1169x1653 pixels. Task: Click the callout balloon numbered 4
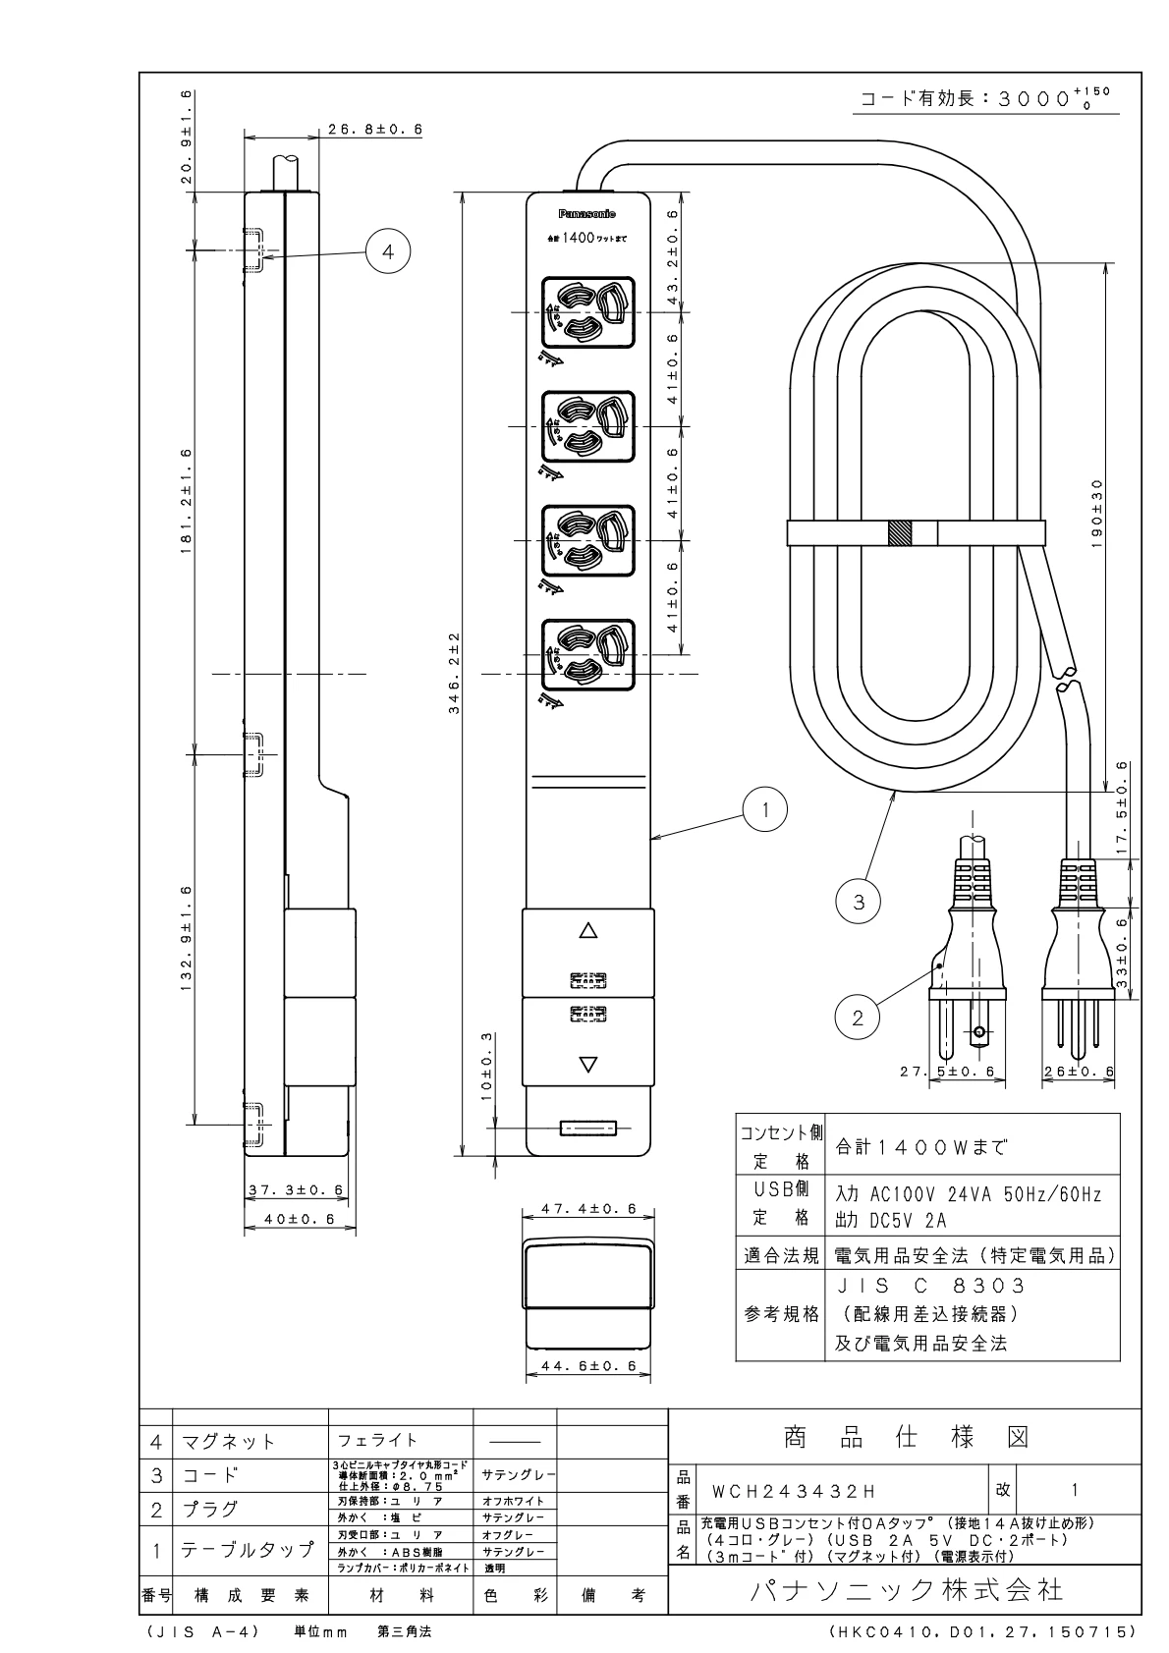click(x=388, y=251)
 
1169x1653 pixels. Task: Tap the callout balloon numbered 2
click(x=858, y=1019)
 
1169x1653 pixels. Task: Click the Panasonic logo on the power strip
click(x=587, y=214)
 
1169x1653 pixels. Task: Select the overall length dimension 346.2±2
click(x=455, y=674)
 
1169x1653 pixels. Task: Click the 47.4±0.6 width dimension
click(x=588, y=1209)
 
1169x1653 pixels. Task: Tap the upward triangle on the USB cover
click(x=587, y=930)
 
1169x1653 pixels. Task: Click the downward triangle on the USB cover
click(x=587, y=1064)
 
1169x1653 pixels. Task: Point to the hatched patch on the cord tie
click(x=900, y=533)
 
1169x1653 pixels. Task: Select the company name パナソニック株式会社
click(x=905, y=1591)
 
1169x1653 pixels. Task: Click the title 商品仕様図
click(x=905, y=1439)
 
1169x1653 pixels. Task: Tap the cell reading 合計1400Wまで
click(x=921, y=1145)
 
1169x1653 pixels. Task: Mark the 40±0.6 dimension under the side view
click(x=291, y=1219)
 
